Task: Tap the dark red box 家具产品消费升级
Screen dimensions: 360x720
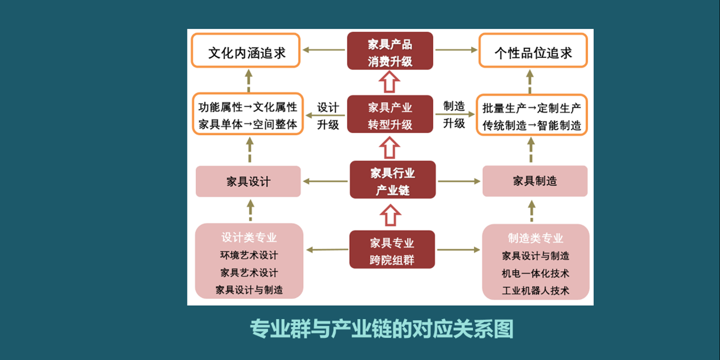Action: [390, 52]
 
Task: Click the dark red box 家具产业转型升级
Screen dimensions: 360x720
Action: [390, 115]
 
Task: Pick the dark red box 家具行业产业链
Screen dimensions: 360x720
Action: [392, 181]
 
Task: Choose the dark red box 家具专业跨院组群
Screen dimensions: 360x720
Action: [392, 250]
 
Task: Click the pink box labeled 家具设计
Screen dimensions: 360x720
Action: [248, 182]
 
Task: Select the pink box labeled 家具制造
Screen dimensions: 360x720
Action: [535, 181]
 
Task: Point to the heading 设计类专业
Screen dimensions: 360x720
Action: [249, 238]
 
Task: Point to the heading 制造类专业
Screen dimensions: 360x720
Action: [535, 238]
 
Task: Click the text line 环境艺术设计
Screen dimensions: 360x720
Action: [249, 255]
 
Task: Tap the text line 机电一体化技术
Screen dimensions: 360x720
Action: [535, 274]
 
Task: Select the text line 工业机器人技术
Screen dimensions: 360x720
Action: [535, 291]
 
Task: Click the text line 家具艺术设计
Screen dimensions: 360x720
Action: [249, 273]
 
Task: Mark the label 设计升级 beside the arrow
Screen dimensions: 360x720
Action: [328, 115]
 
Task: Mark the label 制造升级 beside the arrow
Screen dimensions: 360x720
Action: [454, 114]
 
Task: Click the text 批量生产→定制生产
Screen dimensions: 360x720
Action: [532, 107]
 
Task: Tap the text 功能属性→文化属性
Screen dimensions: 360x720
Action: [247, 107]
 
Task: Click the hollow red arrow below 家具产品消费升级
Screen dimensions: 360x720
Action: [390, 82]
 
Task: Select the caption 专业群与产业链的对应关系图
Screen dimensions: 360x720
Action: [382, 329]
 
